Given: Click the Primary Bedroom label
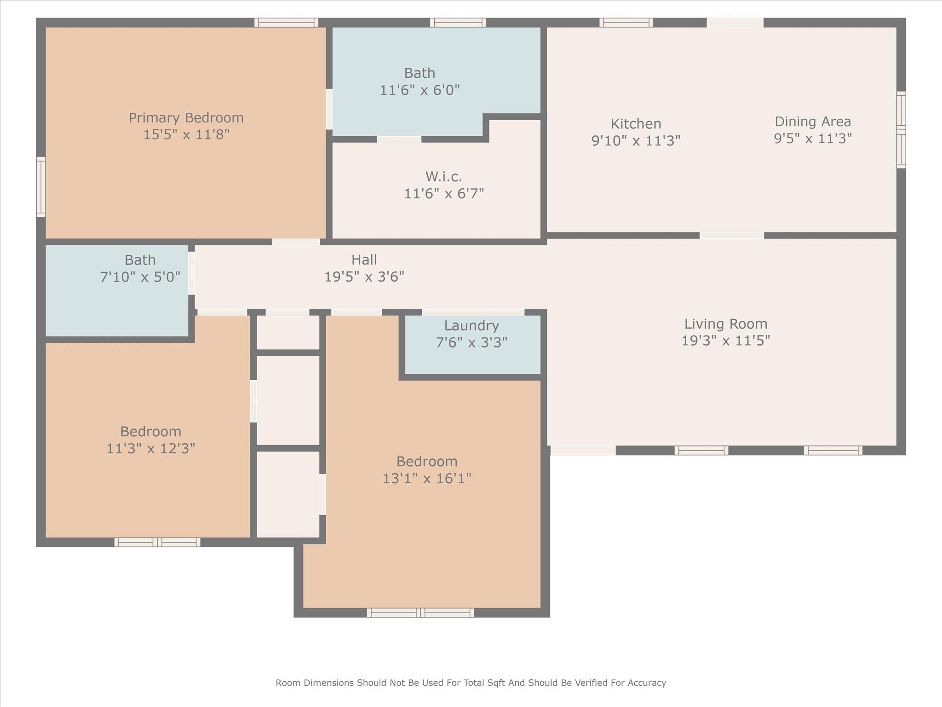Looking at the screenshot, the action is [186, 118].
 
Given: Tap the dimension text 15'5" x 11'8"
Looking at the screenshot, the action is [186, 134].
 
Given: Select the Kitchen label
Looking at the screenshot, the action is [636, 123].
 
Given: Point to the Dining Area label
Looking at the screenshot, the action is [813, 122].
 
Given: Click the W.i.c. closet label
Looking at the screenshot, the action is [444, 176].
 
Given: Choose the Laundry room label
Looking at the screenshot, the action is [471, 326].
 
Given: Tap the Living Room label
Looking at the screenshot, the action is [726, 324].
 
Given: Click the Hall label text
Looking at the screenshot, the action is [364, 260].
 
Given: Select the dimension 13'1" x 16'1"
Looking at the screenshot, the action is [427, 478].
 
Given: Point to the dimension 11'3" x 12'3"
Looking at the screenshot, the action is [151, 448].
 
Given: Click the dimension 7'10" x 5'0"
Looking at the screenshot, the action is [140, 277].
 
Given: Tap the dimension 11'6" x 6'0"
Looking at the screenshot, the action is [420, 90].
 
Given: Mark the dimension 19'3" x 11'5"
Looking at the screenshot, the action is [726, 341].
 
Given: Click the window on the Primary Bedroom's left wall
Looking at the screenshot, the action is [41, 187].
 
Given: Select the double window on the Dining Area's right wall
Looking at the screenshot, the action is [901, 130].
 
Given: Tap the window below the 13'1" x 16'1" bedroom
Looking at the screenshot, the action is [420, 613].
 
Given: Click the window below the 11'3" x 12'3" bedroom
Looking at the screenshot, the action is [157, 542].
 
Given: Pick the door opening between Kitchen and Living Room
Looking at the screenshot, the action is [732, 236].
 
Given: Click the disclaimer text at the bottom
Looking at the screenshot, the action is [471, 683].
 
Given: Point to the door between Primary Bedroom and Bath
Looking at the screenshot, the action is [329, 109].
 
